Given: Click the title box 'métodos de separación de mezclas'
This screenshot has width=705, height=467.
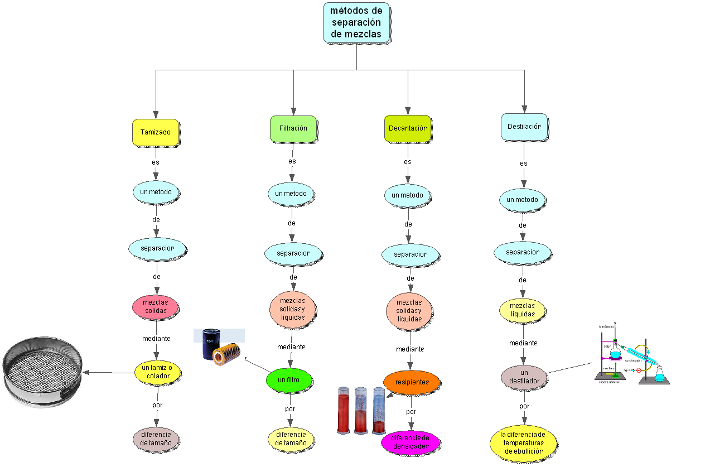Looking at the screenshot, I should pyautogui.click(x=356, y=23).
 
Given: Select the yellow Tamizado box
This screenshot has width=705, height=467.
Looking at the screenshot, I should pyautogui.click(x=156, y=133).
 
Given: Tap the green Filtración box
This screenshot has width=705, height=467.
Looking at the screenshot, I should pyautogui.click(x=293, y=128).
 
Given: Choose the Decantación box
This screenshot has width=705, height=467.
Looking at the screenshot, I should pyautogui.click(x=408, y=128).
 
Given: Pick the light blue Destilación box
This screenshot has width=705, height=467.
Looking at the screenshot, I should pyautogui.click(x=524, y=127).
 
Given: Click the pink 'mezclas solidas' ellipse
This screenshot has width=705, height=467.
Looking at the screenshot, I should pyautogui.click(x=156, y=306).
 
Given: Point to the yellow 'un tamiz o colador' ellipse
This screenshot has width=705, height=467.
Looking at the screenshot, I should pyautogui.click(x=157, y=372).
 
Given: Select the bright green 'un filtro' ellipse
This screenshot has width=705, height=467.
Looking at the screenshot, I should pyautogui.click(x=289, y=380).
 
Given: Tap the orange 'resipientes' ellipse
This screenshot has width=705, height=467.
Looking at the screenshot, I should pyautogui.click(x=412, y=383).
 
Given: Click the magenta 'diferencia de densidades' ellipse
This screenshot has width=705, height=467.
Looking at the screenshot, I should pyautogui.click(x=411, y=442).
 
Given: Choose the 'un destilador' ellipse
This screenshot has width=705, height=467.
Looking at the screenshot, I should pyautogui.click(x=524, y=377).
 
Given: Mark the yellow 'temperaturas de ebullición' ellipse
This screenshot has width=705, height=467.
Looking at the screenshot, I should pyautogui.click(x=523, y=443).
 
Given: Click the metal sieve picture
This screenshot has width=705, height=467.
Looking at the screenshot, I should pyautogui.click(x=42, y=372).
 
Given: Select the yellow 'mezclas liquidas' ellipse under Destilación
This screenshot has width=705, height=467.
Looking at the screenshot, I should pyautogui.click(x=523, y=310).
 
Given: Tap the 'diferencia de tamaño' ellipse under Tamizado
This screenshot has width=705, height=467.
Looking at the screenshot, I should pyautogui.click(x=156, y=439).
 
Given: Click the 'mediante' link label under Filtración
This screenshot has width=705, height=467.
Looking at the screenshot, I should pyautogui.click(x=291, y=347).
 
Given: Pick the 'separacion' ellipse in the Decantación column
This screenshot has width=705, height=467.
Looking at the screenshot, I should pyautogui.click(x=411, y=254).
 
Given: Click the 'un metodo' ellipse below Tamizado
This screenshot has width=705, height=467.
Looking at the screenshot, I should pyautogui.click(x=156, y=192).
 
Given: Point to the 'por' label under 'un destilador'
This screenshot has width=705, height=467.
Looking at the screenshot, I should pyautogui.click(x=524, y=406).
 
